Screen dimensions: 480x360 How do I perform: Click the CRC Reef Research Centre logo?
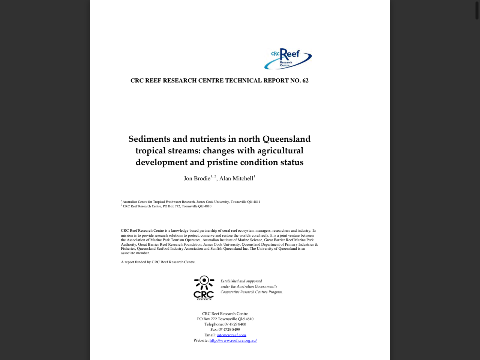(x=288, y=59)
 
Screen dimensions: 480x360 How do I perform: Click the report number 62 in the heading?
(x=305, y=81)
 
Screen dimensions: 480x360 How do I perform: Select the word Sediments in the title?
(x=149, y=139)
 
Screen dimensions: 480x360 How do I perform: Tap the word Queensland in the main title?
(x=286, y=139)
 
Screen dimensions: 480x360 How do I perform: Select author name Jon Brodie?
(x=197, y=178)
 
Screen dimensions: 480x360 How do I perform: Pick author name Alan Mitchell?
(x=236, y=178)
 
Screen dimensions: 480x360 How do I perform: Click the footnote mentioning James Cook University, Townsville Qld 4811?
(x=191, y=202)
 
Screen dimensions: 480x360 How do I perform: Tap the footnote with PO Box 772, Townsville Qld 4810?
(x=167, y=206)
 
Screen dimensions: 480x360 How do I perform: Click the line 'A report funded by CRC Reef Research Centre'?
(x=158, y=262)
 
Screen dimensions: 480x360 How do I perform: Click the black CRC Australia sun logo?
(x=204, y=288)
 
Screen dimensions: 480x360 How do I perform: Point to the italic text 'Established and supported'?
(x=241, y=281)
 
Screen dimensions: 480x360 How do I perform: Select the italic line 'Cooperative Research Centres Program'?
(x=252, y=292)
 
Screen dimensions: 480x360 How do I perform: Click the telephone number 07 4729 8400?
(x=235, y=324)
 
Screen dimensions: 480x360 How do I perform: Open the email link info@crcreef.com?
(x=231, y=335)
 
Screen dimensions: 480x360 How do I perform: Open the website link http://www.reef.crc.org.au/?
(x=233, y=340)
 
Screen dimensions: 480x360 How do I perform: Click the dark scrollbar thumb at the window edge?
(x=477, y=10)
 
